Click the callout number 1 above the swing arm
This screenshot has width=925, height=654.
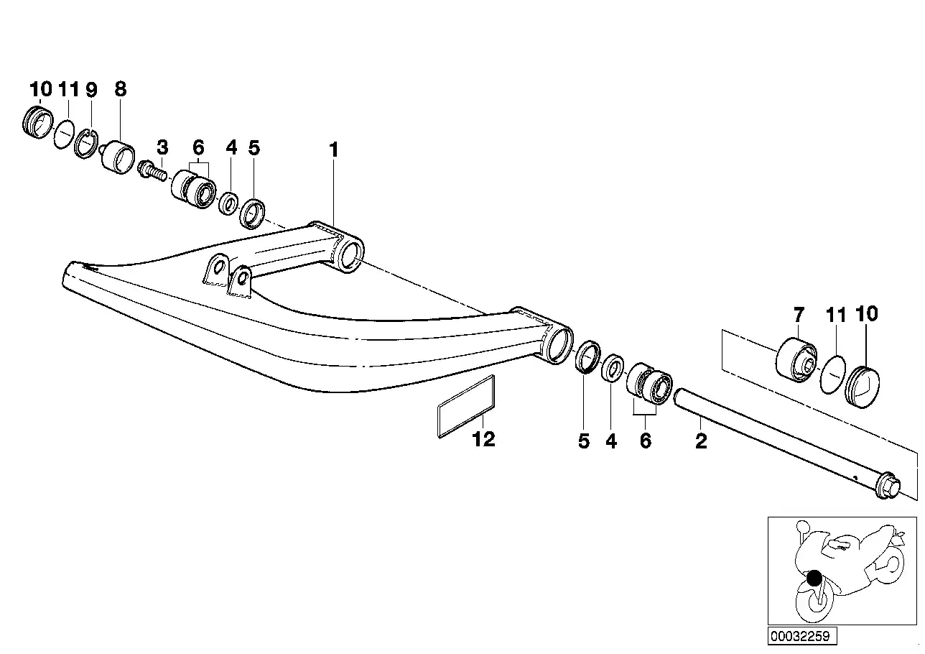[334, 149]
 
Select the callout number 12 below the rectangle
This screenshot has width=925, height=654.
[483, 439]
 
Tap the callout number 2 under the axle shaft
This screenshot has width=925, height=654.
[701, 441]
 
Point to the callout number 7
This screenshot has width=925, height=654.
[799, 315]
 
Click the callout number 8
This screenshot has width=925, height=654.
[120, 89]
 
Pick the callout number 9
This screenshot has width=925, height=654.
[91, 90]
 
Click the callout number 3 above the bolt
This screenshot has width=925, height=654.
[163, 147]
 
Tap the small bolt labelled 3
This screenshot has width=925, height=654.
[153, 170]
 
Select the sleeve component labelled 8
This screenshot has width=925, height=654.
[118, 157]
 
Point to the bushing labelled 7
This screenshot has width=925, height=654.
[796, 360]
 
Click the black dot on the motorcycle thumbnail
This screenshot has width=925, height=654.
[814, 578]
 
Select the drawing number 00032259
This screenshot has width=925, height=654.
[800, 636]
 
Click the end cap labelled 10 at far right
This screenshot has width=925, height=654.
[863, 387]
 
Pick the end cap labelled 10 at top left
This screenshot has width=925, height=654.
[37, 122]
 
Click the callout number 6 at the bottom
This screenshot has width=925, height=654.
[646, 441]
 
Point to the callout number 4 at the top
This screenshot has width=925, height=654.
[231, 147]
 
